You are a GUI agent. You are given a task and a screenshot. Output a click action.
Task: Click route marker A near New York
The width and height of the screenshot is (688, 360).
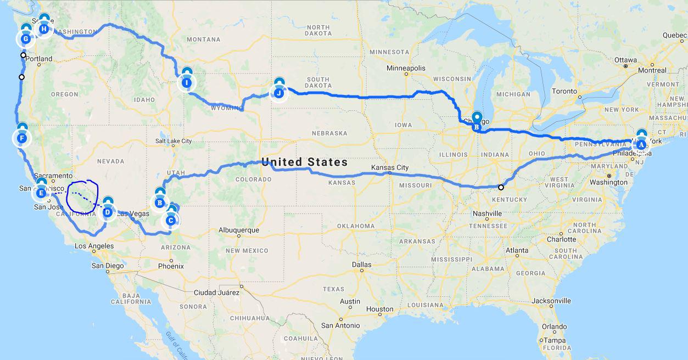pos(640,145)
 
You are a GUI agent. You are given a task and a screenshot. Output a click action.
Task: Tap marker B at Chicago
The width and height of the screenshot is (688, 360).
pos(477,127)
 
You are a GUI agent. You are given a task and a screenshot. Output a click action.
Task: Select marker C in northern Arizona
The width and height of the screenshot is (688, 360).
pos(170,220)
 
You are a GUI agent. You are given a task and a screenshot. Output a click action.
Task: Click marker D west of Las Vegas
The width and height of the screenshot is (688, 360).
pos(107,211)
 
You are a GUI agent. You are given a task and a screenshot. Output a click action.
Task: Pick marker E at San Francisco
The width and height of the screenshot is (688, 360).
pos(41,193)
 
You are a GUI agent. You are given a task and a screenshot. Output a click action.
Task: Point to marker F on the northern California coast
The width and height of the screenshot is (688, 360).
pos(22,138)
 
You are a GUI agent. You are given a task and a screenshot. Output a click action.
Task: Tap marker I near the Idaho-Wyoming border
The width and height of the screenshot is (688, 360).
pos(187,83)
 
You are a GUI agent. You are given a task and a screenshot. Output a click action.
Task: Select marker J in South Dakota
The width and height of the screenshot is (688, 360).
pos(279,93)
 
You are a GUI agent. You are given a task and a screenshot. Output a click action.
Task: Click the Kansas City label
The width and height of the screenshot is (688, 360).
pos(390,167)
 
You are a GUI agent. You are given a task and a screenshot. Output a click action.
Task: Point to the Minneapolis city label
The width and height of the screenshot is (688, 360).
pos(406,68)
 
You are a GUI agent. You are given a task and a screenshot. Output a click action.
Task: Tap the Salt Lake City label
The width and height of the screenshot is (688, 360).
pos(173,141)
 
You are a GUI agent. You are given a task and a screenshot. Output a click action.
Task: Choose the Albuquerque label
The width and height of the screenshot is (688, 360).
pos(238,230)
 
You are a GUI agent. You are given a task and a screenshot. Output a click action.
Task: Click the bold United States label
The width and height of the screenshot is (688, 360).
pos(304,162)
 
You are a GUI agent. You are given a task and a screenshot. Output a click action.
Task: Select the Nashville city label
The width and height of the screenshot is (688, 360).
pos(487,213)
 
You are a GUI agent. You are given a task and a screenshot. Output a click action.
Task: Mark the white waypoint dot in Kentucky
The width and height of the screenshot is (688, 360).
pos(501,187)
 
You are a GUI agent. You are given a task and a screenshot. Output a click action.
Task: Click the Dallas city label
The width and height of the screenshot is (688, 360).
pos(362,265)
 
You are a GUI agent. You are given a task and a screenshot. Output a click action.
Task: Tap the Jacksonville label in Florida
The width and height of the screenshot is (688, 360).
pos(551,301)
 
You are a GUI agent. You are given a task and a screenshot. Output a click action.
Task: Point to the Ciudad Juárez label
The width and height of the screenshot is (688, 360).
pos(217,292)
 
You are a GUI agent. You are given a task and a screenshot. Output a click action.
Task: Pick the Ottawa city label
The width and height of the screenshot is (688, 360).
pos(625,60)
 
